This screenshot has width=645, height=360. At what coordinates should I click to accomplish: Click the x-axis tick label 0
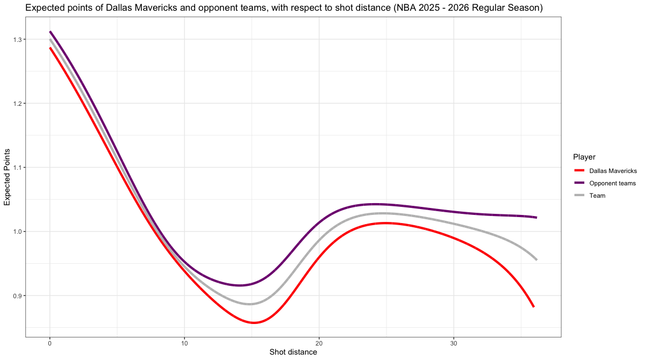coord(50,343)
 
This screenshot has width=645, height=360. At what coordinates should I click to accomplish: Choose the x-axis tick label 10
coord(184,343)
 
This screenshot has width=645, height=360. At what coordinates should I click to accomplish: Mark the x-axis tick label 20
coord(319,343)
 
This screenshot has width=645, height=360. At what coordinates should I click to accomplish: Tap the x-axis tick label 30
coord(454,343)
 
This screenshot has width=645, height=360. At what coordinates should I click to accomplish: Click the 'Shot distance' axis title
coord(293,352)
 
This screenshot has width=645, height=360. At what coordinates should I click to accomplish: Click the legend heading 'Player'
coord(584,157)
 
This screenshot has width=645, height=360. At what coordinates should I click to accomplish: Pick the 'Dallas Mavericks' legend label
coord(613,171)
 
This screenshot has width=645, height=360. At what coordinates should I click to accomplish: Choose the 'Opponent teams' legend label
coord(612,183)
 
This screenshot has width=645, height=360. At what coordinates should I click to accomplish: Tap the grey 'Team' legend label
coord(597,196)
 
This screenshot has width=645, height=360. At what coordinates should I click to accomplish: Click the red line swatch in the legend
coord(579,171)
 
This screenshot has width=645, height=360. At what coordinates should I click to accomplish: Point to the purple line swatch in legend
coord(579,183)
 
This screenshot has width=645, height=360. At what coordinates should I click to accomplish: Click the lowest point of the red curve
coord(253,322)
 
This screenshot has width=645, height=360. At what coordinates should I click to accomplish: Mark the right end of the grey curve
coord(536,260)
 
